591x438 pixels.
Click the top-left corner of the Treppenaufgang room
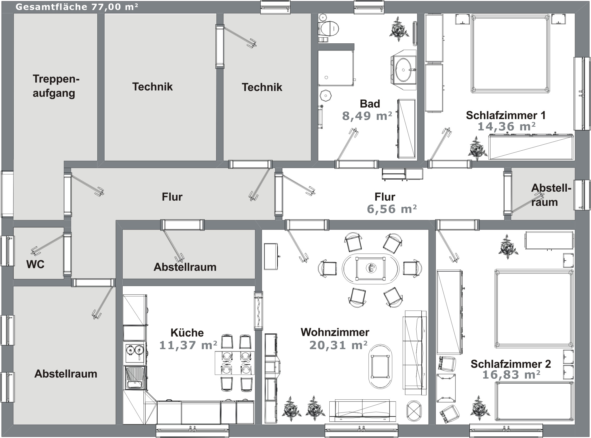(13, 13)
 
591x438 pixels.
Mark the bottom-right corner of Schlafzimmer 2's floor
(574, 425)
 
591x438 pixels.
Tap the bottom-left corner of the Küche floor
(123, 425)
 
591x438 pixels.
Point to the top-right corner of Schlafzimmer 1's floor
(574, 13)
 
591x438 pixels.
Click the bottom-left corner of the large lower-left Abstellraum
(13, 425)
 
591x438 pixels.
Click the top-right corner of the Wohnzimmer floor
(428, 230)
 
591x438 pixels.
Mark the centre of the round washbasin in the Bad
(403, 70)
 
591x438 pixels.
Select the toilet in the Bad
(329, 28)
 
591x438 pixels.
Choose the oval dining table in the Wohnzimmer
(370, 269)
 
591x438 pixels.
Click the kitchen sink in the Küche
(135, 378)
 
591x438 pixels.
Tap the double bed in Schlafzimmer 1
(510, 54)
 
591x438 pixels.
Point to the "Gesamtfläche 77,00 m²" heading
(77, 7)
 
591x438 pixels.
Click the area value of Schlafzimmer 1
(506, 126)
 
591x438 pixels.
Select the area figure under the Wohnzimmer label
(338, 345)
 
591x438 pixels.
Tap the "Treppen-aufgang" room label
(56, 86)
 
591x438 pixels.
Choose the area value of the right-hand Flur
(392, 209)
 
